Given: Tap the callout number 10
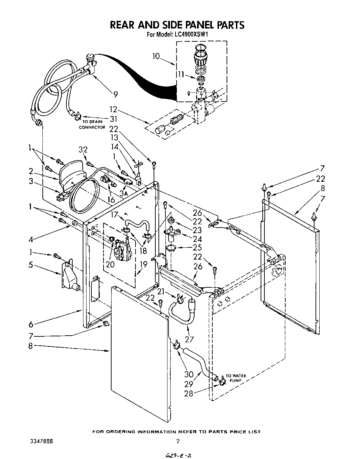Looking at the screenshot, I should (156, 56).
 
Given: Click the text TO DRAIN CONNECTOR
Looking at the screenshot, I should (92, 124).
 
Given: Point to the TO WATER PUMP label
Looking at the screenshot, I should (236, 378).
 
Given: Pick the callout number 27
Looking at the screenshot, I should (190, 339).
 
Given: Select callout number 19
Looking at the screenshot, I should (143, 264).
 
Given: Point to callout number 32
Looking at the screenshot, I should (83, 150).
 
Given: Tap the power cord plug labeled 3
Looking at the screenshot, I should (62, 195).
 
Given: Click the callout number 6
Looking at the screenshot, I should (31, 325).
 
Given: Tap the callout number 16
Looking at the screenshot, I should (111, 199).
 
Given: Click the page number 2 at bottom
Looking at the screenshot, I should (178, 441).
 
